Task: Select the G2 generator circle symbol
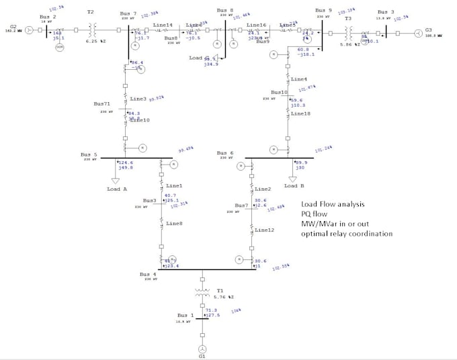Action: pyautogui.click(x=29, y=30)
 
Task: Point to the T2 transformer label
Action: pyautogui.click(x=91, y=12)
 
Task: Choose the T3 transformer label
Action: pyautogui.click(x=348, y=18)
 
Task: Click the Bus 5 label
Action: pyautogui.click(x=89, y=154)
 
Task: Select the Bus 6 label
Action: pyautogui.click(x=226, y=153)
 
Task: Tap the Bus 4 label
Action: pyautogui.click(x=148, y=274)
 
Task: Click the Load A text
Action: pyautogui.click(x=116, y=189)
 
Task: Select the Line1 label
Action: pyautogui.click(x=174, y=185)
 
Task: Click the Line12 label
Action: pyautogui.click(x=264, y=230)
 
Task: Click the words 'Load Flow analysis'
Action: pyautogui.click(x=333, y=205)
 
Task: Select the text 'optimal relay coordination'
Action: pyautogui.click(x=347, y=234)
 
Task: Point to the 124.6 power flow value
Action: pyautogui.click(x=125, y=162)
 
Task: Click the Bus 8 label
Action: pyautogui.click(x=226, y=11)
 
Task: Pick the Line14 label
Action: pyautogui.click(x=163, y=25)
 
